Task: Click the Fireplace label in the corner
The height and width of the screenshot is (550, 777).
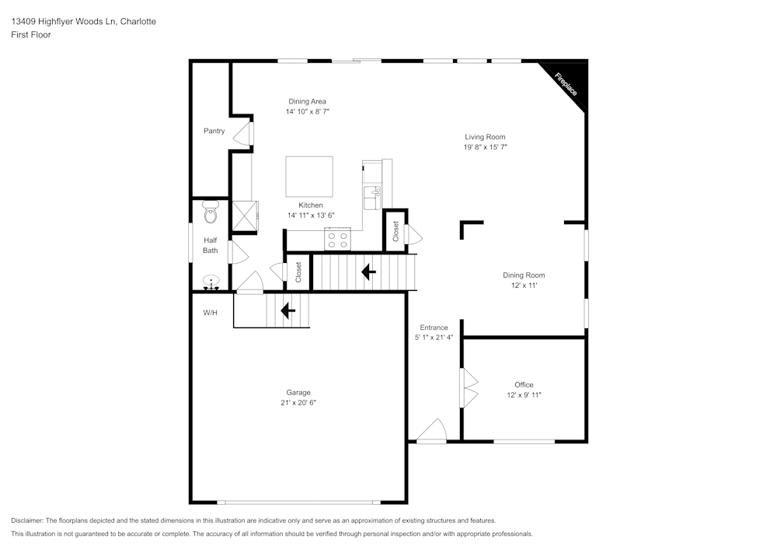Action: pos(566,84)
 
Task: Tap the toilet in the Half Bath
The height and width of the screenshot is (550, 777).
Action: pos(210,212)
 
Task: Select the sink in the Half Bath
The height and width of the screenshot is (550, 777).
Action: pos(211,283)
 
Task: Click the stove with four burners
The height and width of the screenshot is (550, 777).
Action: pos(338,240)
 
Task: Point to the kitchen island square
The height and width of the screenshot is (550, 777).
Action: pos(309,177)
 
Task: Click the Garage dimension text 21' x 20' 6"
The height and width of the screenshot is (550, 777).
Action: pos(298,403)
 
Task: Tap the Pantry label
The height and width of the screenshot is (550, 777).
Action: pos(214,131)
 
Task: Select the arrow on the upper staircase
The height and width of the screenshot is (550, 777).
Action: pos(368,272)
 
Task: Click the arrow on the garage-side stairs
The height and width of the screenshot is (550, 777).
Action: pos(287,311)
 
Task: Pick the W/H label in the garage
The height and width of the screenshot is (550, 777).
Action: pos(211,313)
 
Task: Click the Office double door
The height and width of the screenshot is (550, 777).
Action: pos(469,387)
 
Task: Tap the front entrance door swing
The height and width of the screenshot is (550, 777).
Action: pos(431,430)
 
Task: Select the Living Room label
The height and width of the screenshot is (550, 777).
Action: pos(485,137)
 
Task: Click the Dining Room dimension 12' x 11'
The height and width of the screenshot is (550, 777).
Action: pos(524,286)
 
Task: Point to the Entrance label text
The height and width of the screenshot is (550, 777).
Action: pos(434,328)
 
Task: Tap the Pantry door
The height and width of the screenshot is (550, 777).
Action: pos(248,132)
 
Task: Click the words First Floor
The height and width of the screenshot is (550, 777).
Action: pos(31,35)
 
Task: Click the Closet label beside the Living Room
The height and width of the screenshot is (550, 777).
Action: pos(395,231)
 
